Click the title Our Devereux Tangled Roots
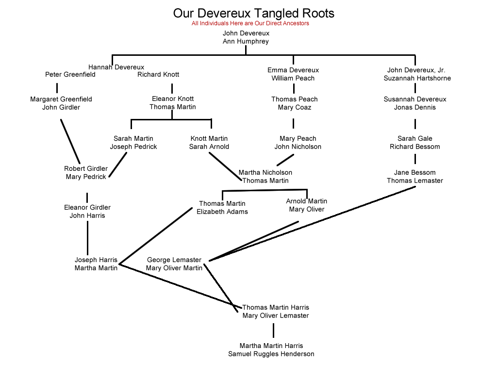(253, 13)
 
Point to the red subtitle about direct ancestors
(250, 23)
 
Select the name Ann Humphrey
(246, 42)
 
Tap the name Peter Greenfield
(70, 75)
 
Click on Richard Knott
(158, 75)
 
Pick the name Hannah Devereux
(116, 67)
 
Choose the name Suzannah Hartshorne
(417, 78)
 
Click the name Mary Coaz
(294, 107)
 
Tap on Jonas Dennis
(415, 107)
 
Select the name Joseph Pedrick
(133, 147)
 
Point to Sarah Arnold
(209, 147)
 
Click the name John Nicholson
(298, 147)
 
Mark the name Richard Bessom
(415, 147)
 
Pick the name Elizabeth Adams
(222, 212)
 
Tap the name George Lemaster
(174, 260)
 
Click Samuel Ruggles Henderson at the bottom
(271, 354)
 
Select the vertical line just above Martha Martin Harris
(273, 330)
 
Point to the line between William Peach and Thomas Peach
(294, 89)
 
